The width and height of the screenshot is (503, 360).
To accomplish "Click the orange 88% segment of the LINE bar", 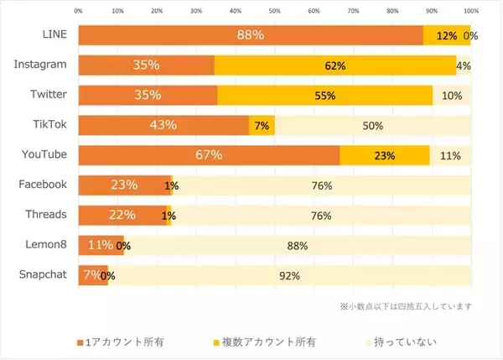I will pos(251,35).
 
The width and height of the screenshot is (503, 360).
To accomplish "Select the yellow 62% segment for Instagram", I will pos(335,65).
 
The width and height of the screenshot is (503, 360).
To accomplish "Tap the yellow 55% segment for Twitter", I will pos(325,96).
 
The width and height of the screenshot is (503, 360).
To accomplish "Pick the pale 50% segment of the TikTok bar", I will pos(373,126).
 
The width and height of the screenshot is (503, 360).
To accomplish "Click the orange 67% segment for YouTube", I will pos(209,155).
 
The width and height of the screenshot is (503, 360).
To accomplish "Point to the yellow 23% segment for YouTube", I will pos(385,155).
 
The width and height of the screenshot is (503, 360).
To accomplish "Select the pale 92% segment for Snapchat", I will pos(290,275).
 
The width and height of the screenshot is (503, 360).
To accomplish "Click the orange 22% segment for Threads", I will pos(122,215).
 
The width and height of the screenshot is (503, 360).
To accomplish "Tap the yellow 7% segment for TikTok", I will pos(262,126).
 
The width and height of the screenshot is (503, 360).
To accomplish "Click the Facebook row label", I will pos(43,185).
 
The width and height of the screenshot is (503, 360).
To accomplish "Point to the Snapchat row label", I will pos(43,274).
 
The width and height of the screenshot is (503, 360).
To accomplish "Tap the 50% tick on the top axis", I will pos(274,11).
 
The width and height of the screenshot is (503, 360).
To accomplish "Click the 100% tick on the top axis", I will pos(470,11).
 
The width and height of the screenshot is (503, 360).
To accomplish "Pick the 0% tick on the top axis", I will pos(78,11).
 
